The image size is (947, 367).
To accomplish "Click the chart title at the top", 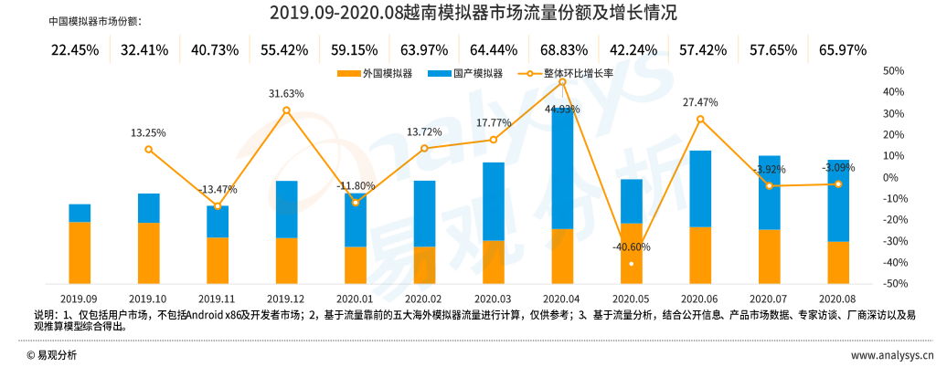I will click(x=473, y=13).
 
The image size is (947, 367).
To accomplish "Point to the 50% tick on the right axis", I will click(x=893, y=70).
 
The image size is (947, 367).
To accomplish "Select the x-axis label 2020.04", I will click(x=562, y=299).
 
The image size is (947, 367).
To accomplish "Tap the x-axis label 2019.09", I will click(x=80, y=299).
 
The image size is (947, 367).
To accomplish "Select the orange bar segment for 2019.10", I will click(x=149, y=253).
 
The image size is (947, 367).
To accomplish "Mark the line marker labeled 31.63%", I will click(x=287, y=110).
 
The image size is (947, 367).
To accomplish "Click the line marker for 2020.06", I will click(x=700, y=120).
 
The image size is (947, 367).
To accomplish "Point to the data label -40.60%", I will click(x=632, y=247).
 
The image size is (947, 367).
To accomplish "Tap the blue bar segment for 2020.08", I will click(x=838, y=201).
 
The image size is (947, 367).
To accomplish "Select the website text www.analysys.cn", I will click(x=891, y=354).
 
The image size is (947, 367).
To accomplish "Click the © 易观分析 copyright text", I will click(x=52, y=354).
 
